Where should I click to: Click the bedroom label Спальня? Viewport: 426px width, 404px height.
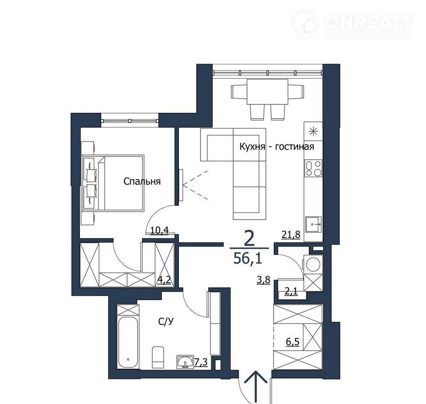142,181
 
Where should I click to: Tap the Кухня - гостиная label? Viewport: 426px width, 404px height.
276,147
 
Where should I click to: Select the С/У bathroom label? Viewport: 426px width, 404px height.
166,322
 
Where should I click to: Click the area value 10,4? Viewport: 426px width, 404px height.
159,230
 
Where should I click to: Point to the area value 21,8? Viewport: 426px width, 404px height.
291,234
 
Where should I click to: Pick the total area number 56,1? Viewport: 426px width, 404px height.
248,258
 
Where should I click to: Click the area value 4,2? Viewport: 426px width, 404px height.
164,280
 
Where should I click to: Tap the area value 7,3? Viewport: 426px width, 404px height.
201,362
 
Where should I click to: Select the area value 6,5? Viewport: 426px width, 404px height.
292,341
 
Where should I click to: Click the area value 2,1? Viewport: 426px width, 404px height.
291,292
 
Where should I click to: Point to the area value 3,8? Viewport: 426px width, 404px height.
264,280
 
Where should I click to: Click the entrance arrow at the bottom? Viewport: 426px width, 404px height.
256,387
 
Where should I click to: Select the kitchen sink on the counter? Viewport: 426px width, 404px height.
314,224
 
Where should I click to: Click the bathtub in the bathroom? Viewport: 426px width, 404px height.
128,341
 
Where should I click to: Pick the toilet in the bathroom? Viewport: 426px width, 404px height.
158,357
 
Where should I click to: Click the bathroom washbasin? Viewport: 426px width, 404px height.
185,362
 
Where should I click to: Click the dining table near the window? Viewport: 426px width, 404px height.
267,92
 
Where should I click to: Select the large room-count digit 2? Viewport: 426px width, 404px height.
249,239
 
